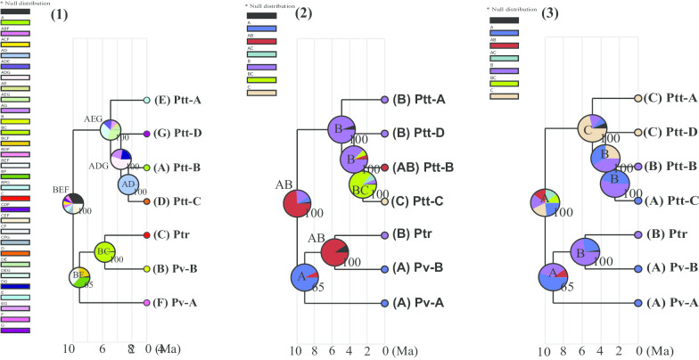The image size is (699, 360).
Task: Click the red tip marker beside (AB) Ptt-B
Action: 384,168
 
